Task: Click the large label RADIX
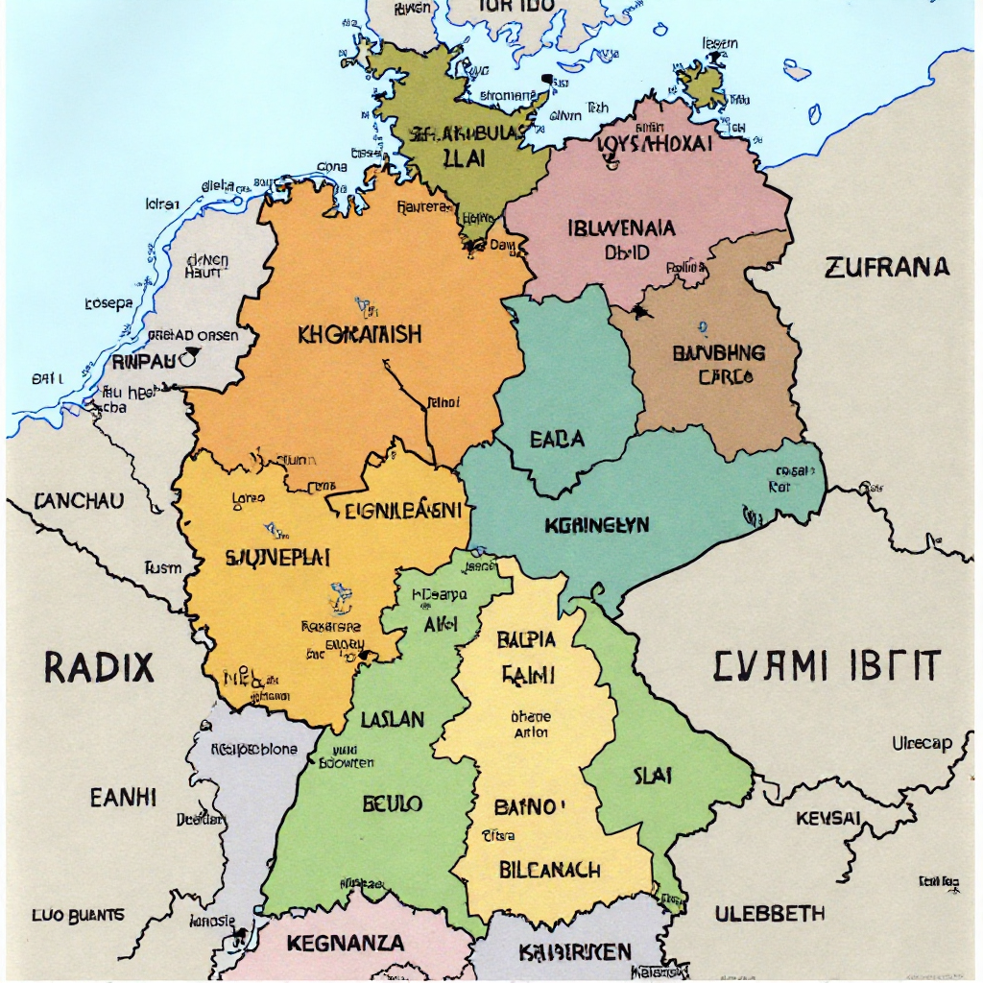[x=98, y=665]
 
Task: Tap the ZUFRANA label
[x=887, y=267]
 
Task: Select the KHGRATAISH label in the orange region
[x=359, y=335]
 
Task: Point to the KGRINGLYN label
[x=597, y=525]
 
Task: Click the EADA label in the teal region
[x=557, y=440]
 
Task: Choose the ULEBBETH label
[x=770, y=913]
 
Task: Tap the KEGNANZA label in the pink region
[x=346, y=944]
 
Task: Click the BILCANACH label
[x=550, y=870]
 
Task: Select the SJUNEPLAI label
[x=277, y=557]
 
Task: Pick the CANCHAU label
[x=79, y=501]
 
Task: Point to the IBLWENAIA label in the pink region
[x=621, y=229]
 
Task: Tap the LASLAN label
[x=393, y=718]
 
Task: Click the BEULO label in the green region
[x=392, y=803]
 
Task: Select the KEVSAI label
[x=828, y=819]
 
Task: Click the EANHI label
[x=123, y=797]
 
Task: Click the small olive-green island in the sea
[x=704, y=84]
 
